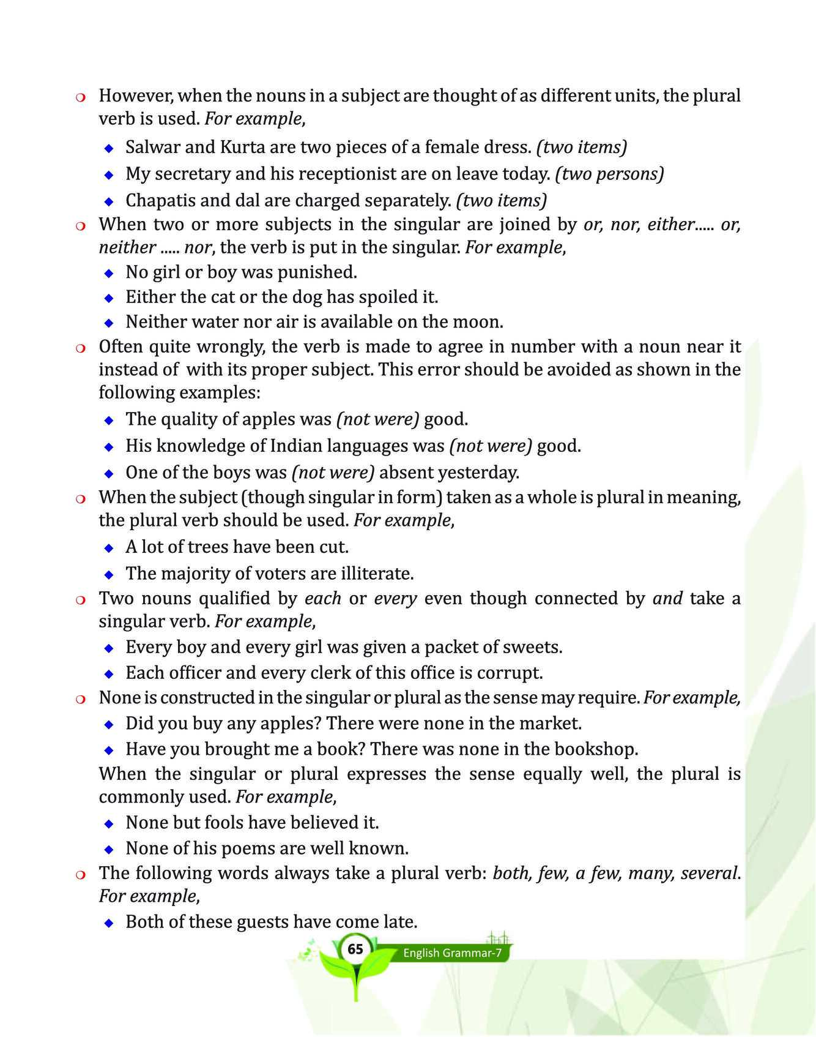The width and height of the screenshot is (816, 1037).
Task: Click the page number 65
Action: [355, 949]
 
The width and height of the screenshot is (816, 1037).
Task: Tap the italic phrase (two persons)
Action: [609, 174]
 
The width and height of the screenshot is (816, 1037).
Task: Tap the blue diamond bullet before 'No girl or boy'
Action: [109, 272]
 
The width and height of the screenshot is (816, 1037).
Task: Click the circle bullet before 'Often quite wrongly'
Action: [80, 348]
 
